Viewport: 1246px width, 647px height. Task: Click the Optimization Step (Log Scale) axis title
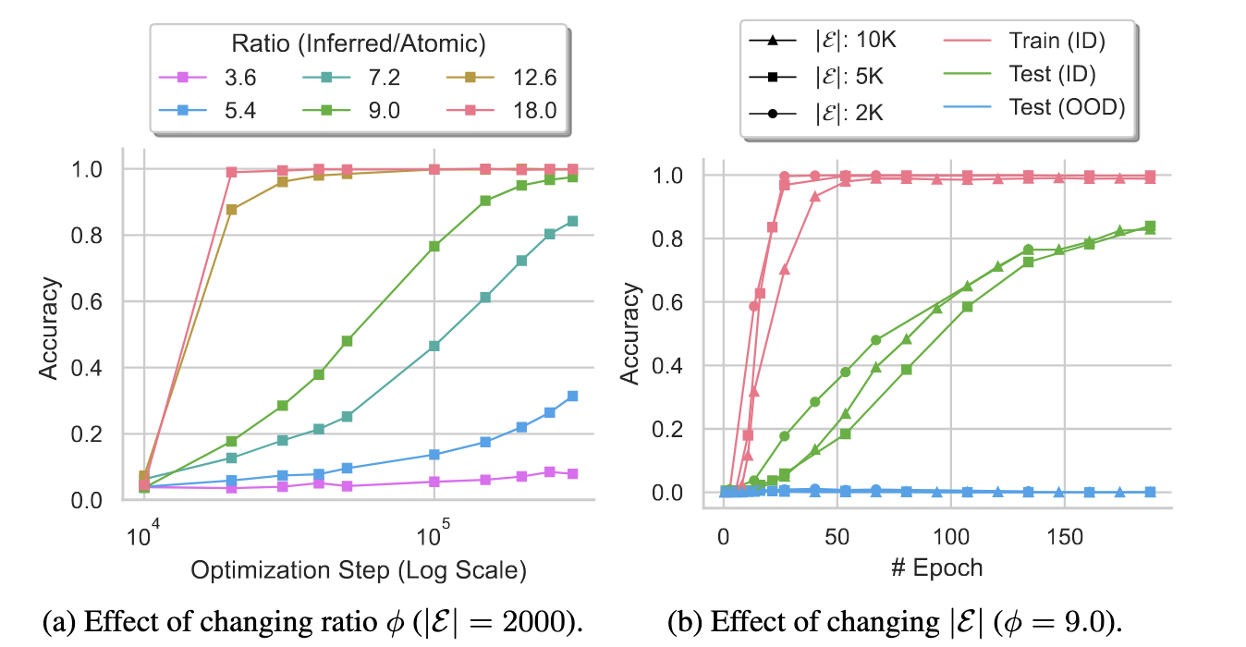click(x=359, y=570)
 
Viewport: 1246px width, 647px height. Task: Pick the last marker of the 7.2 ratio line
click(x=572, y=221)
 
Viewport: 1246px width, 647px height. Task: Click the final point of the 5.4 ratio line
click(x=572, y=396)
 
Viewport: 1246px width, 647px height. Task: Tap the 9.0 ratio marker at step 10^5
click(x=434, y=246)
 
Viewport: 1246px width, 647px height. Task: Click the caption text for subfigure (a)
click(x=313, y=621)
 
